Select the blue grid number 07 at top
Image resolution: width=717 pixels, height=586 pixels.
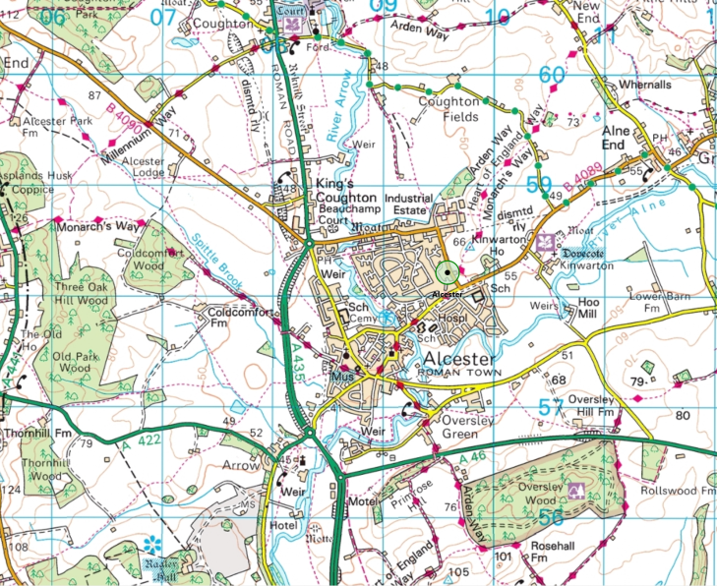tap(162, 15)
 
